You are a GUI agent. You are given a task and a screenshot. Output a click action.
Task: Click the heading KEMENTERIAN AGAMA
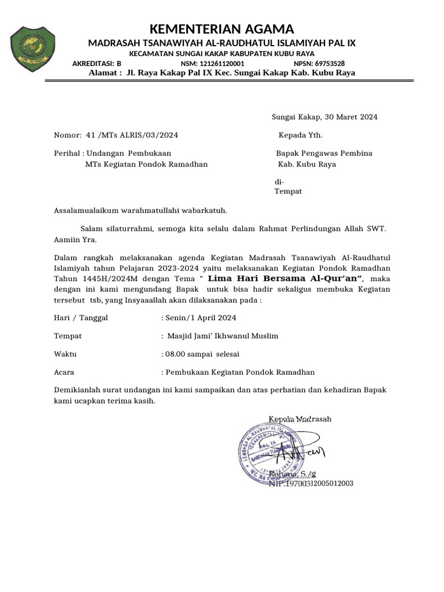(221, 29)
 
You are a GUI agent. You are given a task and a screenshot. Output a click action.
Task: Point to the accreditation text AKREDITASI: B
(97, 64)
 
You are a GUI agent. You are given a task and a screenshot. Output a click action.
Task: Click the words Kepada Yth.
(301, 135)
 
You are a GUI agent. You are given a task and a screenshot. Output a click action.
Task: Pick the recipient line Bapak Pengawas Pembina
(324, 153)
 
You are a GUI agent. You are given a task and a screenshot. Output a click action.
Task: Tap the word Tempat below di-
(287, 191)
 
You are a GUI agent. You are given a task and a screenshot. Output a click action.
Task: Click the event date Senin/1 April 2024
(201, 318)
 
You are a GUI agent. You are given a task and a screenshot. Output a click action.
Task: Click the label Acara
(64, 372)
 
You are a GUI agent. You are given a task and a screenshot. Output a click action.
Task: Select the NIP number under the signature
(311, 483)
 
